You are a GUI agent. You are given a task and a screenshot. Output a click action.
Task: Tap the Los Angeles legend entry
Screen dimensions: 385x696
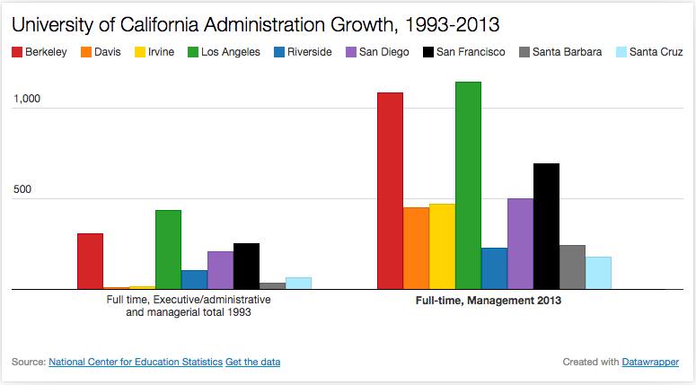click(x=225, y=52)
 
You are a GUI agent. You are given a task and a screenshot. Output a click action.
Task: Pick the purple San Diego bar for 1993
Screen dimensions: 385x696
click(x=220, y=270)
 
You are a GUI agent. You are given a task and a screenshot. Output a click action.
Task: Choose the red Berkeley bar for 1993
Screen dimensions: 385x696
click(x=90, y=261)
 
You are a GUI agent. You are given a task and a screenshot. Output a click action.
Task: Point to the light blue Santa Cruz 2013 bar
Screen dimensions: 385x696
click(x=598, y=273)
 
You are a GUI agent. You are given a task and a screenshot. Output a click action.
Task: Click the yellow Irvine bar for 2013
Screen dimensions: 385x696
click(x=442, y=247)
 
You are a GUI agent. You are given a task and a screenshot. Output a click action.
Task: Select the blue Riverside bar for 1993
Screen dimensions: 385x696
click(x=194, y=280)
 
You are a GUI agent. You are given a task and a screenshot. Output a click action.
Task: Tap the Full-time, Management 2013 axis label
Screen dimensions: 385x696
click(x=488, y=302)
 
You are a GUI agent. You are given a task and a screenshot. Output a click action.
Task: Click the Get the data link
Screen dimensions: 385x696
click(x=253, y=363)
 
